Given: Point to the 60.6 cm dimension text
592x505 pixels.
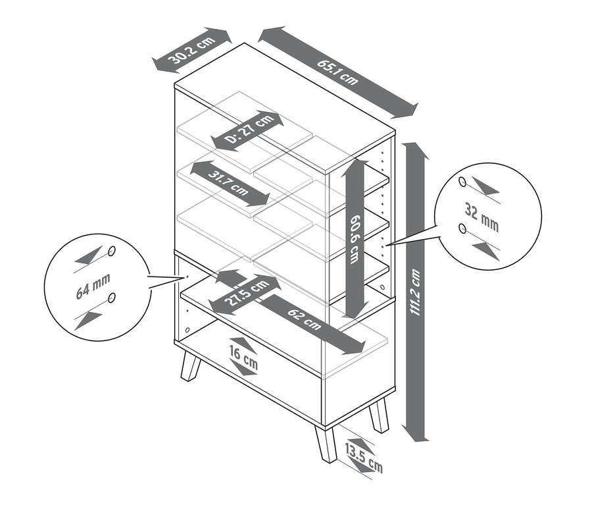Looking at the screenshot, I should coord(355,238).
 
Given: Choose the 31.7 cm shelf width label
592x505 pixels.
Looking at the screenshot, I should coord(229,184).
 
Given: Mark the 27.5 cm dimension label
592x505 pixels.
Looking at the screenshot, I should coord(246,294).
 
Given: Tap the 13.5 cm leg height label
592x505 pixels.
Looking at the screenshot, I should coord(363,458).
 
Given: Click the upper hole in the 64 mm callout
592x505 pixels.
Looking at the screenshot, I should coord(112,251).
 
